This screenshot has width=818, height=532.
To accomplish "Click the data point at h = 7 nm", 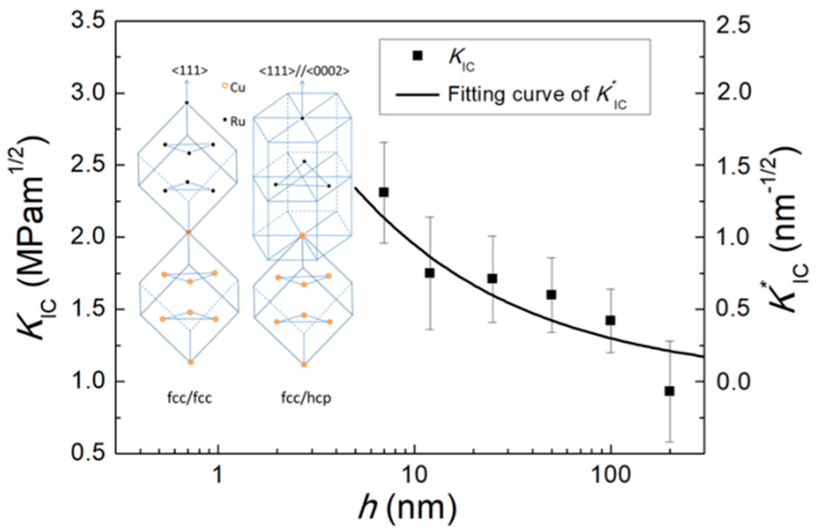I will click(x=384, y=192).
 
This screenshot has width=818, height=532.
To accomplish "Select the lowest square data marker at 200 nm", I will click(x=669, y=391).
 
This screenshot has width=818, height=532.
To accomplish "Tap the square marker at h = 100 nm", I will click(x=611, y=320).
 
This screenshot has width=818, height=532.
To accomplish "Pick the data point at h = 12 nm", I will click(x=429, y=273).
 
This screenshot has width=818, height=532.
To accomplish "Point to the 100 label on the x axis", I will click(x=610, y=474).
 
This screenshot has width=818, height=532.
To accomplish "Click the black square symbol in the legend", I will click(x=418, y=56).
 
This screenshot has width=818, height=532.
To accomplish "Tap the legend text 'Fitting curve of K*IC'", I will click(x=537, y=95).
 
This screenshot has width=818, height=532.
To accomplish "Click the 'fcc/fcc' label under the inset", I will click(x=190, y=398).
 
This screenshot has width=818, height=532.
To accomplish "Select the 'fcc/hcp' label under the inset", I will click(x=306, y=398).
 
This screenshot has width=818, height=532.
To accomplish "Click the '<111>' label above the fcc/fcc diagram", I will click(x=190, y=71).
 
